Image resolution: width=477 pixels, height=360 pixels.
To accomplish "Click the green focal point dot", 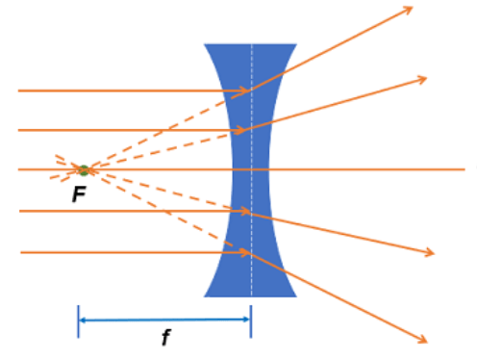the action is [84, 170].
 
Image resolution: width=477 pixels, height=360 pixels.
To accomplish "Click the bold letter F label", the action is [80, 194].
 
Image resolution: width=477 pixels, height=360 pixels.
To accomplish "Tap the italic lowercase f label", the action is [165, 337].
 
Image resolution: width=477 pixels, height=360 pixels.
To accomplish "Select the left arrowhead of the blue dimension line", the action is [83, 320].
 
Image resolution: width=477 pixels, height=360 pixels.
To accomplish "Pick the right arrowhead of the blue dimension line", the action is [246, 320].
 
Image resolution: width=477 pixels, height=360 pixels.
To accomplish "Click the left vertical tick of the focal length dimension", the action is [78, 321].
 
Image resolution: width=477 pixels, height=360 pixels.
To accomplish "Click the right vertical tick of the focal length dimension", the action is [251, 321].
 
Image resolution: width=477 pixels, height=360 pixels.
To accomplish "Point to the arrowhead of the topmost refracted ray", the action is [408, 10].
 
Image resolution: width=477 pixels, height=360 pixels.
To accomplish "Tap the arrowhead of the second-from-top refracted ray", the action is [422, 79].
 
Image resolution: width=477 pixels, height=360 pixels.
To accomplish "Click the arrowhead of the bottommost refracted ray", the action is [423, 340].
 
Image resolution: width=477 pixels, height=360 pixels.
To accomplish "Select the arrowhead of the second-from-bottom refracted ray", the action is [430, 252].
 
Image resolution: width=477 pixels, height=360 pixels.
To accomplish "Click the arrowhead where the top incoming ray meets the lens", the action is [244, 91].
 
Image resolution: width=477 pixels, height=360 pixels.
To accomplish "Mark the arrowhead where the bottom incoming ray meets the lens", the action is [244, 253].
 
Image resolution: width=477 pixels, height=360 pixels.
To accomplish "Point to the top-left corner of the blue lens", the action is [205, 44].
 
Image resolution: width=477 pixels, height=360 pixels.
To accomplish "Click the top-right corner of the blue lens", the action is [297, 44].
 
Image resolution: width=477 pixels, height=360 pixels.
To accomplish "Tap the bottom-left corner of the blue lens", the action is [204, 296].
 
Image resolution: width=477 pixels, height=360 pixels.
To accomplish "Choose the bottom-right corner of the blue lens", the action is [297, 296].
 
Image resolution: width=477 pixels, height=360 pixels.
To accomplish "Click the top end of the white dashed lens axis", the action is [252, 44].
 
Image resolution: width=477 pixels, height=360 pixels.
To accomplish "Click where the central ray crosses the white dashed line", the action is [252, 169].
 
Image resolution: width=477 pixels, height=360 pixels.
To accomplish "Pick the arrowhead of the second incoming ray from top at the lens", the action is [238, 130].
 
